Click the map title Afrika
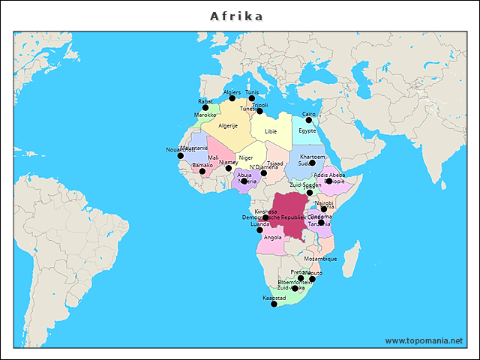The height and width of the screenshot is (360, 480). coord(236,16)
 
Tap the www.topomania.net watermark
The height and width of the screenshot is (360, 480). coord(424,340)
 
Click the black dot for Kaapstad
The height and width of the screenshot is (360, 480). coord(274,304)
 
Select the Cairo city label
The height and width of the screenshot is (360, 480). coord(309,114)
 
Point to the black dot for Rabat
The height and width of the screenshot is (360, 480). coord(205,107)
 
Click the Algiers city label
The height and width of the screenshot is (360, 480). coord(232,92)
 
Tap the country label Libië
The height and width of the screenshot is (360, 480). coord(271,130)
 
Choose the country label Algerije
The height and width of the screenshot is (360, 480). coord(228,126)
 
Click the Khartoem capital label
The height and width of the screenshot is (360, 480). coord(312,156)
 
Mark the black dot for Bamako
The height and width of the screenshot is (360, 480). coord(202,171)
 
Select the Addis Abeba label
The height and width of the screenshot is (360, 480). coord(329,175)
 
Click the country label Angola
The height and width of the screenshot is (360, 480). coord(273,238)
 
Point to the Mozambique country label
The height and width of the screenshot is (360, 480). coord(320,259)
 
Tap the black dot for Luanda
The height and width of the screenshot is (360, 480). coord(260,230)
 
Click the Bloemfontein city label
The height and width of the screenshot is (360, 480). coord(294,282)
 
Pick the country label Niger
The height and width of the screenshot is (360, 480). coord(246,158)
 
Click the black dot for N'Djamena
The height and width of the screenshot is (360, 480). coord(263,173)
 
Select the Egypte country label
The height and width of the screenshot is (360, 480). coord(307,130)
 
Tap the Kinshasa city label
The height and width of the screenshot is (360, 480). coord(265,211)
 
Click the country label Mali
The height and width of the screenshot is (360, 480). coord(214,158)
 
